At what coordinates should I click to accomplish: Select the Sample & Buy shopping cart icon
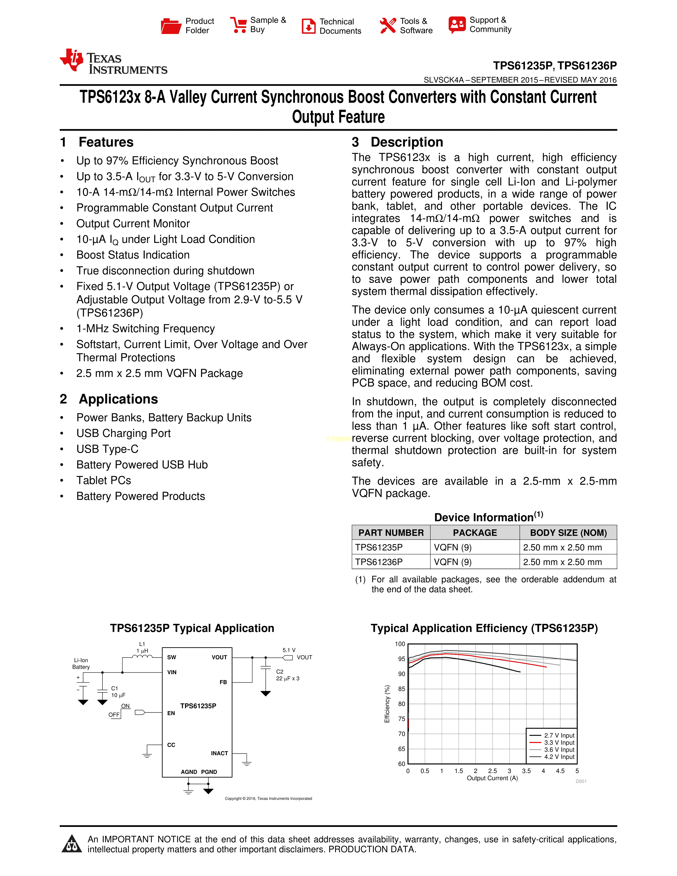pos(239,25)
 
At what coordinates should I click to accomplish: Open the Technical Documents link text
pos(340,26)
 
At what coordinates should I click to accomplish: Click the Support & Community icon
pos(457,25)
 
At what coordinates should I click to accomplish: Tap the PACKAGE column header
pos(475,533)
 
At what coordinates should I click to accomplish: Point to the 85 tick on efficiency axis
pos(401,689)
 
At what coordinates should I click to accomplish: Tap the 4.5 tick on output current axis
pos(560,771)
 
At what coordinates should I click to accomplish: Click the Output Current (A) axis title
pos(492,778)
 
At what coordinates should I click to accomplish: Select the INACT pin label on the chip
pos(219,753)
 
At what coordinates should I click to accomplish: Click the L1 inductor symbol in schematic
pos(142,656)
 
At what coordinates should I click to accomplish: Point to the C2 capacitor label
pos(280,671)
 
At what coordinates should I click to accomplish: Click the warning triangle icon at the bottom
pos(72,844)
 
